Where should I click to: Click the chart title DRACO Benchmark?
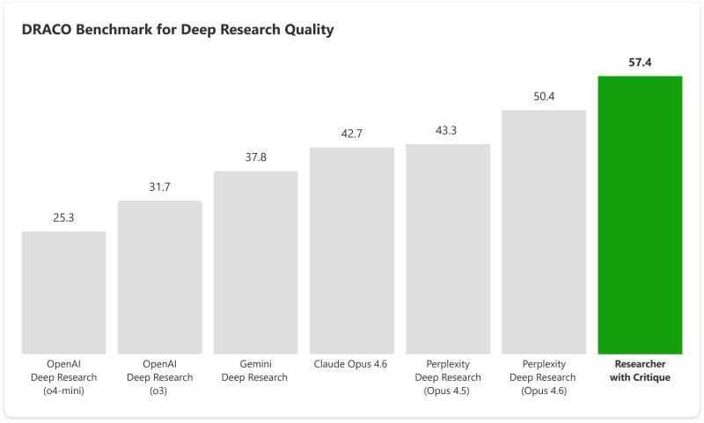coord(177,30)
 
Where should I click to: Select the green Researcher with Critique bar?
coord(640,215)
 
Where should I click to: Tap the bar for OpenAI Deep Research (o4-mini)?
coord(63,292)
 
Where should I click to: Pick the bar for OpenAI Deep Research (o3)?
coord(159,277)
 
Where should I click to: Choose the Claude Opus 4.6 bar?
coord(351,251)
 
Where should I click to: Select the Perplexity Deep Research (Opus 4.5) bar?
coord(448,249)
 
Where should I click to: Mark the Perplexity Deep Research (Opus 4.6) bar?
coord(544,232)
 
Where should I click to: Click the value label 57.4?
coord(640,62)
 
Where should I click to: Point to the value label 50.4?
coord(544,96)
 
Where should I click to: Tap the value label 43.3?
coord(448,130)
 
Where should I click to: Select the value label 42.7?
coord(351,134)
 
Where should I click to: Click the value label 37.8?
coord(255,157)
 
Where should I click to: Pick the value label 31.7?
coord(159,186)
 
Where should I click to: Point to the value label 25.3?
coord(63,217)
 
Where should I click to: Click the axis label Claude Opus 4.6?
coord(351,364)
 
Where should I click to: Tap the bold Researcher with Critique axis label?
coord(640,370)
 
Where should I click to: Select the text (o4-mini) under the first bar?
coord(63,390)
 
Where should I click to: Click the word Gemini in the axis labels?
coord(255,364)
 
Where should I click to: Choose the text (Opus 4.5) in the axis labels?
coord(448,390)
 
